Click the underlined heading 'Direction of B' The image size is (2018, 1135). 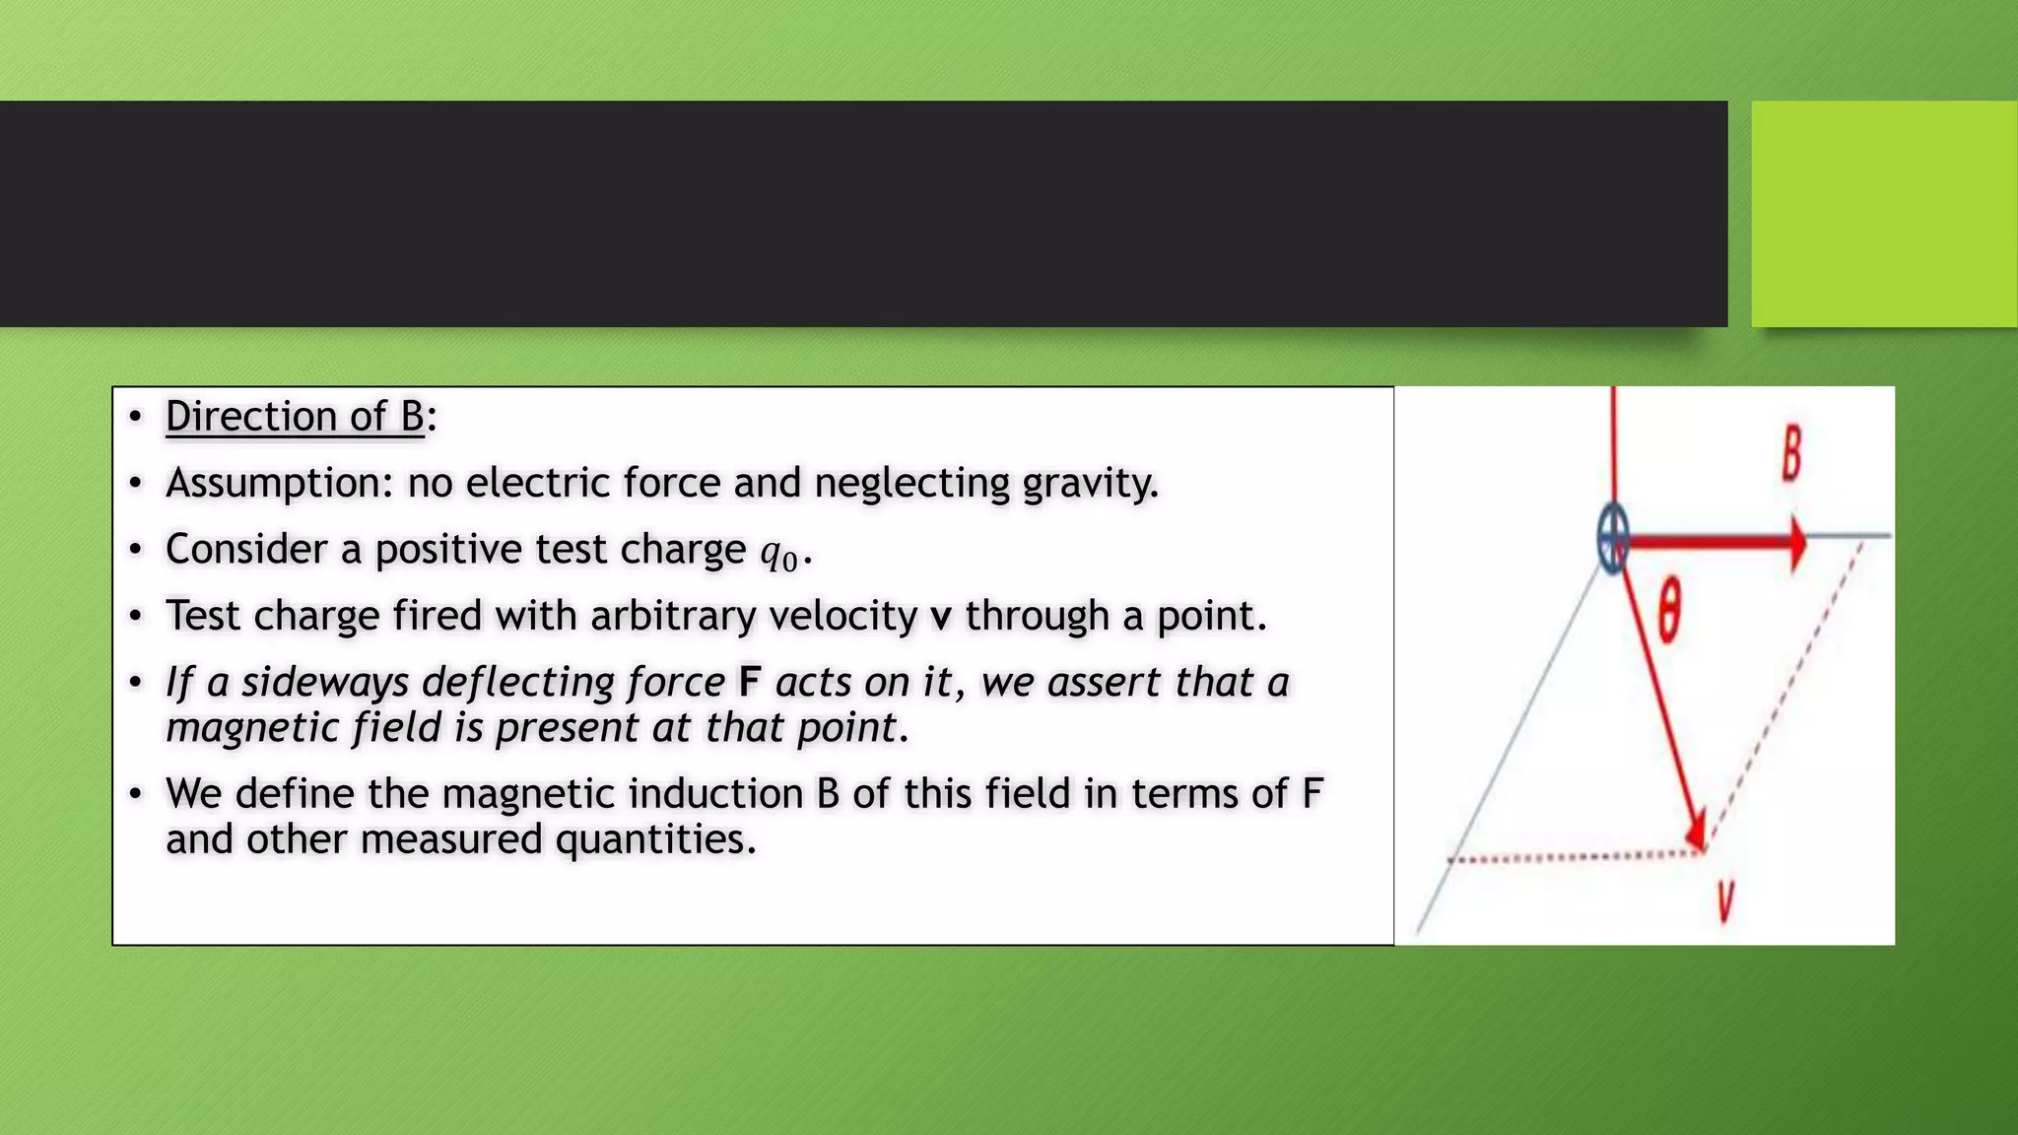(295, 417)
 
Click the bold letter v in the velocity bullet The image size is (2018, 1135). (941, 617)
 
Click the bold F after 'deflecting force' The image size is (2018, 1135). (750, 682)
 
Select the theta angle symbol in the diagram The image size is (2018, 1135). (1668, 611)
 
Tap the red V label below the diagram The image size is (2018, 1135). (1725, 900)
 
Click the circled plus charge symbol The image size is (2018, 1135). (1613, 538)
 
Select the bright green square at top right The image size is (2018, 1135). (1883, 213)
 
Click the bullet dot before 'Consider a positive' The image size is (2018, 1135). (136, 550)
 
